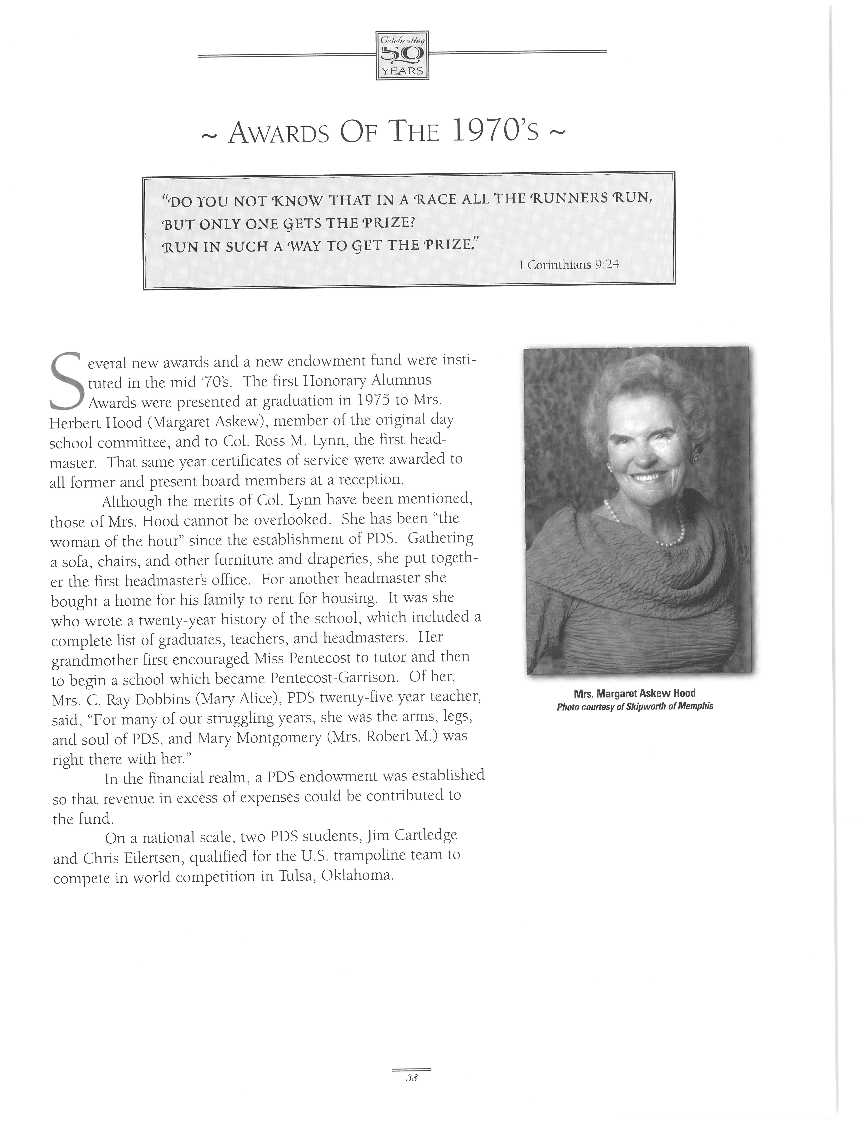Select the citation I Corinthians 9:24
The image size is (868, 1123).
569,265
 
